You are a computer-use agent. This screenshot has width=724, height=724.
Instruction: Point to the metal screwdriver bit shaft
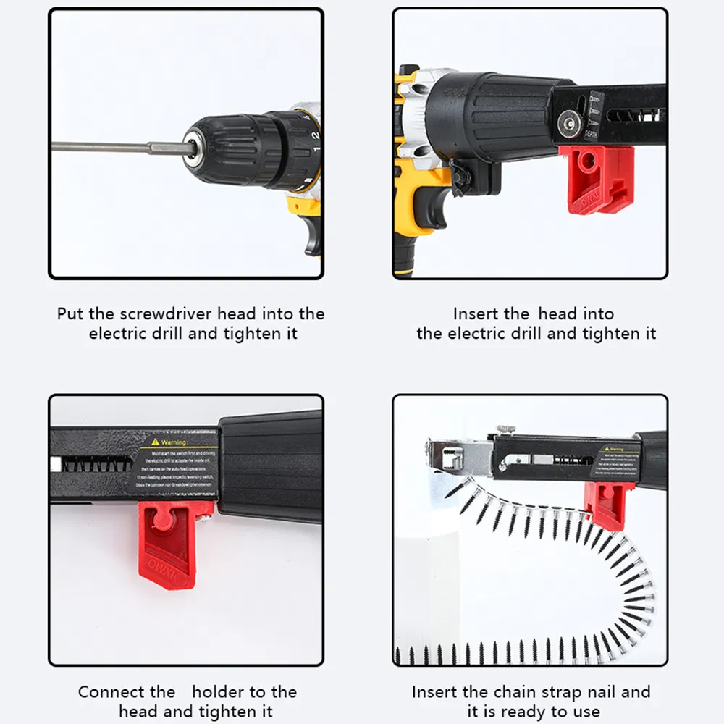click(x=109, y=147)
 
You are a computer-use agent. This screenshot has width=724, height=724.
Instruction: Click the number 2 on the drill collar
click(x=315, y=135)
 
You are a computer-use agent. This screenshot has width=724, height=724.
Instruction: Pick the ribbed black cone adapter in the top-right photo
click(x=492, y=116)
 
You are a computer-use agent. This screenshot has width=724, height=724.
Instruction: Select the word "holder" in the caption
click(x=220, y=692)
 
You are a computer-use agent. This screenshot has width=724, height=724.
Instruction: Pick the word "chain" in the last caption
click(x=515, y=692)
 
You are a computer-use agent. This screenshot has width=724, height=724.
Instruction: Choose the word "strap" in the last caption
click(x=557, y=692)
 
